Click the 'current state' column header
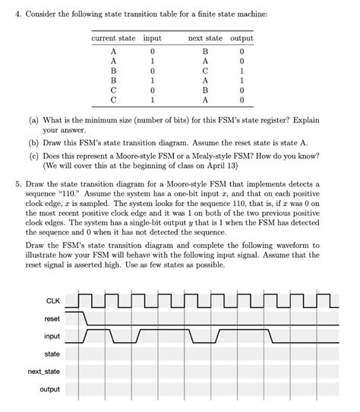[112, 39]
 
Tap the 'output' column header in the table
[241, 39]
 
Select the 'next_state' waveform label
[45, 372]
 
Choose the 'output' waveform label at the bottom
[50, 391]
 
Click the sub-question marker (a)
[32, 121]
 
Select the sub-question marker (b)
[32, 142]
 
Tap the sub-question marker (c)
[32, 154]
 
